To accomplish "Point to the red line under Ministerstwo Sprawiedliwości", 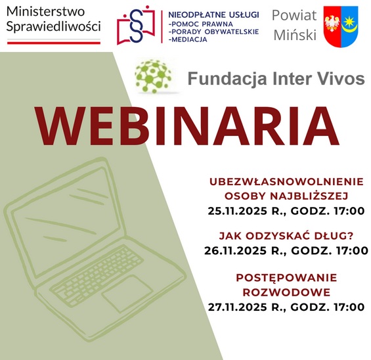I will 53,42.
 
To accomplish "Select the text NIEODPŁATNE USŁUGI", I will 213,14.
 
